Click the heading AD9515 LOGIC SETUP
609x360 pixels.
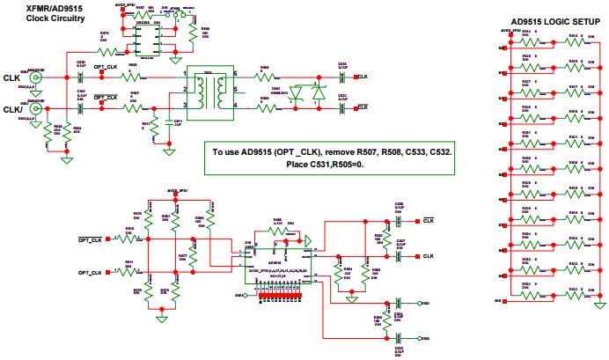pyautogui.click(x=551, y=21)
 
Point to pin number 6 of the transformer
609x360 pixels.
pyautogui.click(x=235, y=74)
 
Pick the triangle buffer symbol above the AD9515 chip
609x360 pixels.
pyautogui.click(x=311, y=239)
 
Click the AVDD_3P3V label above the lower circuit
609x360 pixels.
pyautogui.click(x=178, y=190)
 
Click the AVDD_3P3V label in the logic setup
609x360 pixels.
pyautogui.click(x=509, y=29)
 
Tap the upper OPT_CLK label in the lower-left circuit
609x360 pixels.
pyautogui.click(x=91, y=239)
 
